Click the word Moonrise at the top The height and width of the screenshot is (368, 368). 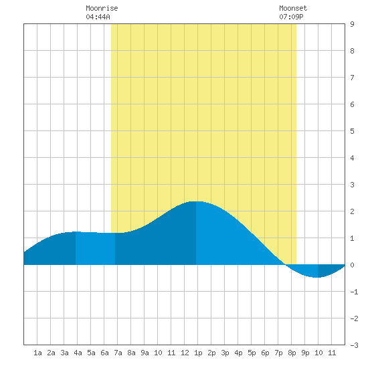click(x=102, y=8)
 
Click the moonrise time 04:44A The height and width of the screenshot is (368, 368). click(x=98, y=17)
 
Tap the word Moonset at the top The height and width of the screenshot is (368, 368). click(x=293, y=8)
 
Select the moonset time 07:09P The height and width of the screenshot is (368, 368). click(x=291, y=17)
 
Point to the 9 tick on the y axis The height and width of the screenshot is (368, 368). click(x=352, y=24)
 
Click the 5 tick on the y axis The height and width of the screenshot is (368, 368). click(x=352, y=131)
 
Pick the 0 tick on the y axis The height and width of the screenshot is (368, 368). click(x=352, y=265)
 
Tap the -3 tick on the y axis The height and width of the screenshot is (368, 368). click(x=354, y=345)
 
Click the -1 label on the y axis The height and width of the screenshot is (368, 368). click(x=354, y=292)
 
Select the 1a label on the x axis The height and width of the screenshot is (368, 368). click(x=37, y=353)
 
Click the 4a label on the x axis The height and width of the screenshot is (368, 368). click(x=78, y=353)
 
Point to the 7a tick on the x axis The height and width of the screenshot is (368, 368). click(x=118, y=353)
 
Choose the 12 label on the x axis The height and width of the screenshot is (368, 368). click(x=185, y=353)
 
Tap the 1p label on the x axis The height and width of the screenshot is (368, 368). click(x=198, y=353)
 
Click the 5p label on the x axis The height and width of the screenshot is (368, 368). click(x=252, y=353)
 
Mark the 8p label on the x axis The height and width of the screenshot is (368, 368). click(x=292, y=353)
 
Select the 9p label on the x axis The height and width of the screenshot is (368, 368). click(x=305, y=353)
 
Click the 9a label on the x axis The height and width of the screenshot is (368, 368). click(x=145, y=353)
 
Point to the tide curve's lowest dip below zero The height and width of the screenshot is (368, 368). click(x=317, y=278)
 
